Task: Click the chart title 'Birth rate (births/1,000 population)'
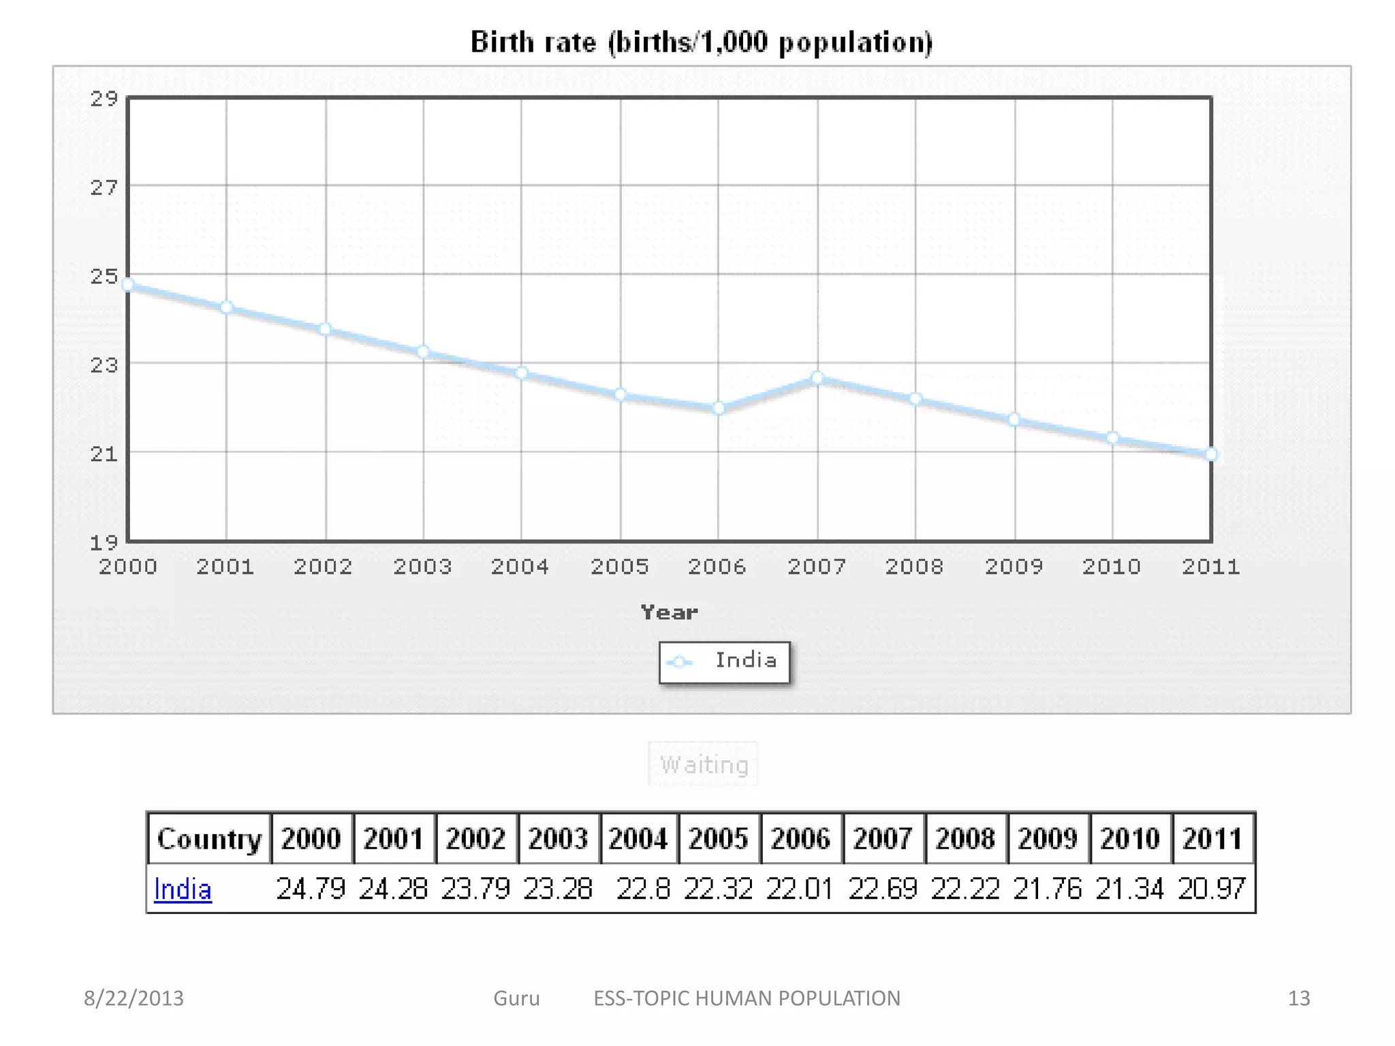coord(701,42)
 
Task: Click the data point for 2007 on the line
coord(817,378)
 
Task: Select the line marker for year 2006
coord(719,408)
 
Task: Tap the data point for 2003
coord(423,352)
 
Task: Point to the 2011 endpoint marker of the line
coord(1210,454)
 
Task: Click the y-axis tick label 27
coord(104,187)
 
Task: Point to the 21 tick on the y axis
coord(104,454)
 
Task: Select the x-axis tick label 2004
coord(520,567)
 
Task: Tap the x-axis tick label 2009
coord(1014,567)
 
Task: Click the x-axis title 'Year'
coord(669,612)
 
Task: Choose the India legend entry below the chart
coord(725,661)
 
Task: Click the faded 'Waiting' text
coord(704,765)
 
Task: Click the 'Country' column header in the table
coord(209,838)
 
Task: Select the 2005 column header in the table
coord(718,838)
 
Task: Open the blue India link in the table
coord(183,889)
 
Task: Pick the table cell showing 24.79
coord(311,889)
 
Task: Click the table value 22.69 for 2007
coord(883,889)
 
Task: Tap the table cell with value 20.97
coord(1212,889)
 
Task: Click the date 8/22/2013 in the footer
coord(134,998)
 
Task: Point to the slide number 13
coord(1298,998)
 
